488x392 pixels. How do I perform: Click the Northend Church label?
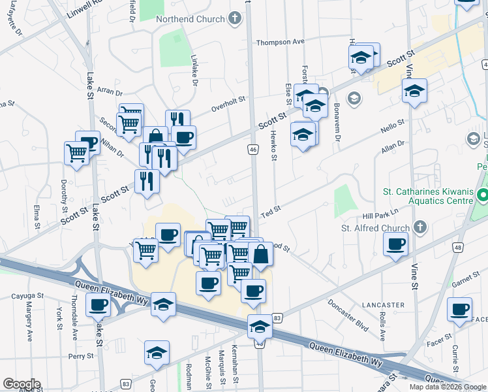click(x=190, y=18)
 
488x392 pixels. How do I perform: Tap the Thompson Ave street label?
click(x=281, y=42)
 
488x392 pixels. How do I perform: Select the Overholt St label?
click(x=227, y=102)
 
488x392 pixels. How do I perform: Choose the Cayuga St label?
click(x=27, y=296)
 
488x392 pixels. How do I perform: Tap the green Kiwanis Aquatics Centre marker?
click(x=482, y=195)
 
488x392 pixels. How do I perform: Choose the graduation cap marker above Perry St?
click(x=157, y=353)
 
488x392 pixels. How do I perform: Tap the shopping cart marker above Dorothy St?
click(x=76, y=154)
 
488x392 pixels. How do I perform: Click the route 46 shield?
click(x=252, y=150)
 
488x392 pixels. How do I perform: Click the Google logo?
click(x=22, y=384)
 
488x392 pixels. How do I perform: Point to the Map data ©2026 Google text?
click(x=448, y=387)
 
